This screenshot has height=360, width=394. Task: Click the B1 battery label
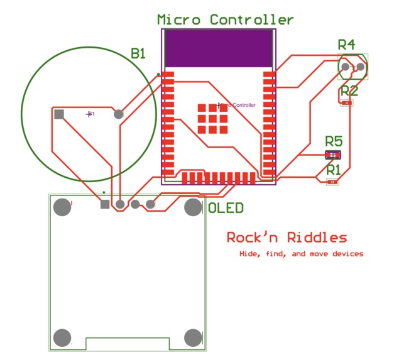pyautogui.click(x=138, y=54)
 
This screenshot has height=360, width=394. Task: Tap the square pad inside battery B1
pyautogui.click(x=59, y=114)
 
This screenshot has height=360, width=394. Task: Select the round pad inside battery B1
pyautogui.click(x=118, y=114)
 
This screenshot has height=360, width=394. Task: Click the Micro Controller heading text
pyautogui.click(x=224, y=19)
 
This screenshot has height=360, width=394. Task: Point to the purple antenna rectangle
pyautogui.click(x=219, y=47)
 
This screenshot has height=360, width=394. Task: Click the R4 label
pyautogui.click(x=346, y=44)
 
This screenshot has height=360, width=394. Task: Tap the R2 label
pyautogui.click(x=349, y=90)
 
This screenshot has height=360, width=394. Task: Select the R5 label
pyautogui.click(x=334, y=141)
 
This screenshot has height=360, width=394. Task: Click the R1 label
pyautogui.click(x=334, y=169)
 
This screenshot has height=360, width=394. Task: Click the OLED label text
pyautogui.click(x=226, y=208)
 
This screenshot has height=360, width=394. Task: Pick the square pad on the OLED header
pyautogui.click(x=105, y=204)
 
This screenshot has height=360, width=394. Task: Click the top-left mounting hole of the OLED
pyautogui.click(x=62, y=207)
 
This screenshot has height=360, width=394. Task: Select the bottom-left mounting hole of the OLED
pyautogui.click(x=62, y=337)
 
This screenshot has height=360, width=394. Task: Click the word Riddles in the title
pyautogui.click(x=317, y=237)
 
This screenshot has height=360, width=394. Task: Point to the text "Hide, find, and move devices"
pyautogui.click(x=301, y=254)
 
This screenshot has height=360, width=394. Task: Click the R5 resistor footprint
pyautogui.click(x=333, y=155)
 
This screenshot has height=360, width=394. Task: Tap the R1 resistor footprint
pyautogui.click(x=332, y=182)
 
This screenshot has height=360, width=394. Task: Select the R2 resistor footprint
pyautogui.click(x=347, y=103)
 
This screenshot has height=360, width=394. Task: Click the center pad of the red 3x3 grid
pyautogui.click(x=213, y=118)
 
